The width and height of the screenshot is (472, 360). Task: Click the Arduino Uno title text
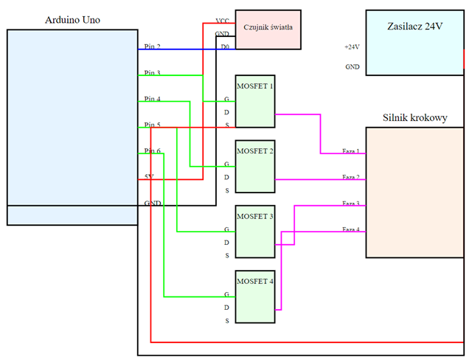point(72,18)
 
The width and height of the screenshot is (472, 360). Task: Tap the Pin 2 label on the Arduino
point(153,47)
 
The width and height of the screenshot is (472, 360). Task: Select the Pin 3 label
point(153,73)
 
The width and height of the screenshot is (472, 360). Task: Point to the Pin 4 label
point(153,99)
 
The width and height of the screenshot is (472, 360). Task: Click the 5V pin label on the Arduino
point(149,176)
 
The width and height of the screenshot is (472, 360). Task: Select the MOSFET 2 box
point(254,166)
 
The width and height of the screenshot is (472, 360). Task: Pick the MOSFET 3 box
point(254,232)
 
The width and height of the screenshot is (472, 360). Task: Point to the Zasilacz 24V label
point(415,27)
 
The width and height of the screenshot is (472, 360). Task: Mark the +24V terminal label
point(351,47)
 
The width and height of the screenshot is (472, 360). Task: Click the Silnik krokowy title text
point(415,117)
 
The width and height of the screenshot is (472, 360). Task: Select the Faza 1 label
point(351,152)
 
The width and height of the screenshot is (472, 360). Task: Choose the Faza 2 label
point(351,178)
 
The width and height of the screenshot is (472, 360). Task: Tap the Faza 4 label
point(351,229)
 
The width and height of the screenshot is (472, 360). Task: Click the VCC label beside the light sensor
point(222,21)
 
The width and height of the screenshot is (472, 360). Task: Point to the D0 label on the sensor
point(224,47)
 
